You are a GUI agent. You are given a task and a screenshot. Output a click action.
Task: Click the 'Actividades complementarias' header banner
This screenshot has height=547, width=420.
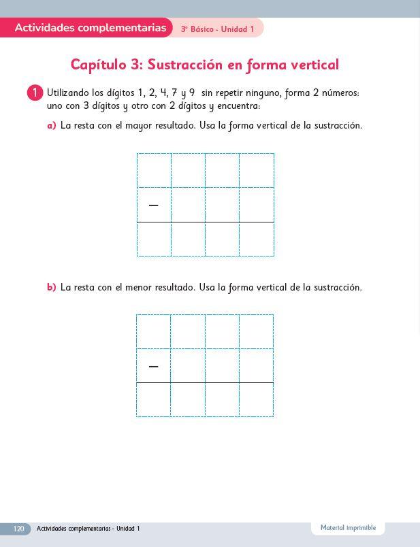coord(90,28)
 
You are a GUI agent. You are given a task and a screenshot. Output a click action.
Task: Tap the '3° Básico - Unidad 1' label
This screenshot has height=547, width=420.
coord(217,29)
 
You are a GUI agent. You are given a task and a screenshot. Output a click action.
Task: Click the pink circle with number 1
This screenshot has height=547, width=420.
coord(35,93)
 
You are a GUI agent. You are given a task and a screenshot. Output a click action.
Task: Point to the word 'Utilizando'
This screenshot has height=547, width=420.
coord(67,93)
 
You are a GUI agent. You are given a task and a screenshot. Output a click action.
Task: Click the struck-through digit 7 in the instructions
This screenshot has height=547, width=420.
coord(174,93)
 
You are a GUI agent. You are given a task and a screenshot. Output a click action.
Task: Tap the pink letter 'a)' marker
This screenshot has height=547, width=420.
coord(51,126)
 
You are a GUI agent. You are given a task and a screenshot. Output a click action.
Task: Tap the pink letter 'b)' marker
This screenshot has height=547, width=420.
coord(51,288)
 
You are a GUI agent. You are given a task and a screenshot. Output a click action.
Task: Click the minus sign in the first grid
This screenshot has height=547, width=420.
coord(153,205)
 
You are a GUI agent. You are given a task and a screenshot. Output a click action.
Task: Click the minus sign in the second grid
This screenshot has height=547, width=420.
coord(153,367)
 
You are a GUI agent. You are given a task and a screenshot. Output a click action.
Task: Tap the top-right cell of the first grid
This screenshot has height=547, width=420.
coord(257,171)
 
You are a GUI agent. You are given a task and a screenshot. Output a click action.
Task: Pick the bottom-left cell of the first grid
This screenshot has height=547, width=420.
coord(154,239)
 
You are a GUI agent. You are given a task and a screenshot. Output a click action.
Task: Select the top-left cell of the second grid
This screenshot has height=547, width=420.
coord(153,331)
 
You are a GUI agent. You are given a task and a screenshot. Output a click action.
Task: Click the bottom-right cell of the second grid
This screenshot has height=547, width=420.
coord(256,400)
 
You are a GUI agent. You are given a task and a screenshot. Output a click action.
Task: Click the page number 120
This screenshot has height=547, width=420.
coord(18,529)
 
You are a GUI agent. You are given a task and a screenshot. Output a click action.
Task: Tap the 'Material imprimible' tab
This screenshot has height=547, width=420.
coord(348,528)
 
